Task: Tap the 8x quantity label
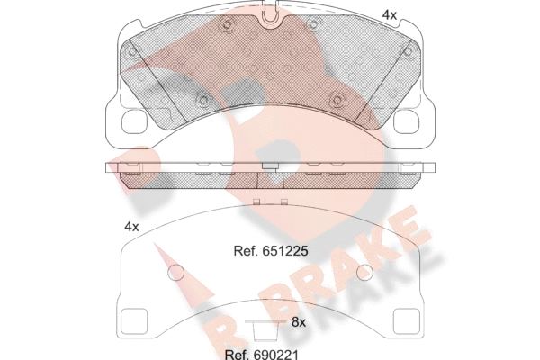click(299, 322)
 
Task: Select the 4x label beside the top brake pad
click(390, 14)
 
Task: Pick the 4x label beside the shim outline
click(131, 227)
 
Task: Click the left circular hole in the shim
click(176, 273)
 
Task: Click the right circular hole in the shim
click(364, 273)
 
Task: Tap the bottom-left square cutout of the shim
click(135, 321)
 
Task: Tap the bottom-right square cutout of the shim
click(407, 321)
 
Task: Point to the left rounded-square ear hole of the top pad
click(136, 121)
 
